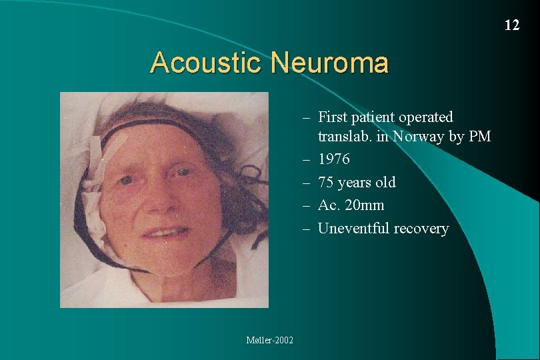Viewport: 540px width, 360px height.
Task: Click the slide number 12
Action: [x=511, y=25]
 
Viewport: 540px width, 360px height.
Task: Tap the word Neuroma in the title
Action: [x=330, y=63]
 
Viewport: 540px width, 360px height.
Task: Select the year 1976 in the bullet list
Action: [x=333, y=159]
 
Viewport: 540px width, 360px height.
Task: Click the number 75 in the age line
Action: [x=326, y=182]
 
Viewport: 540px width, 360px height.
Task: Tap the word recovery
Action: [x=421, y=228]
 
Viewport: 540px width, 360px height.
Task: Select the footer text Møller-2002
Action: [x=270, y=340]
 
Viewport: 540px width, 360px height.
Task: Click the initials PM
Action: [x=480, y=137]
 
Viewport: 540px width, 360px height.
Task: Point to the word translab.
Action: [x=344, y=137]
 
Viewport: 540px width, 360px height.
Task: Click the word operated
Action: [x=426, y=117]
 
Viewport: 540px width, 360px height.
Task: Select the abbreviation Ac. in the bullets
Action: [x=327, y=205]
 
